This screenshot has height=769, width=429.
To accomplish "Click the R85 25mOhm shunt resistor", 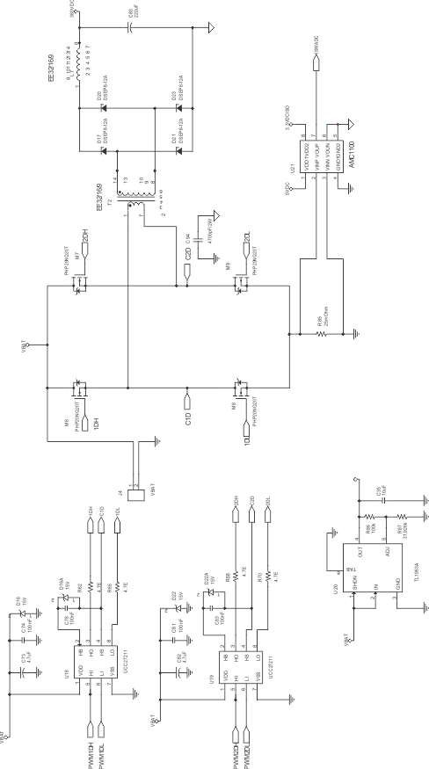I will (x=319, y=333).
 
